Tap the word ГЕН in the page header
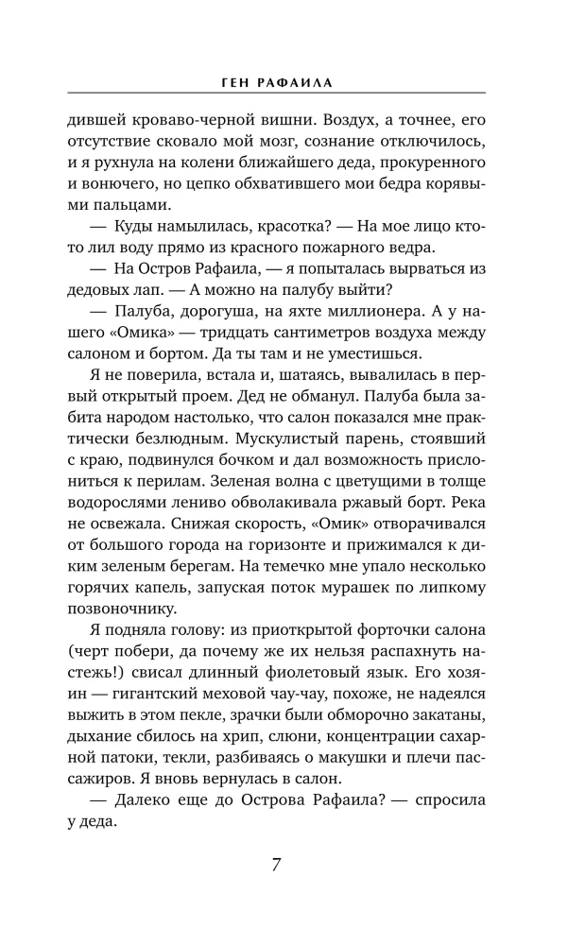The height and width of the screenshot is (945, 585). (230, 83)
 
